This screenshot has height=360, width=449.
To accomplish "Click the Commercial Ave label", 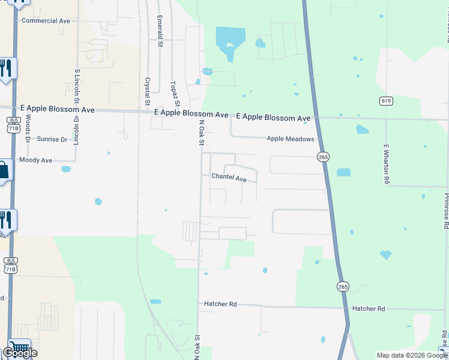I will [46, 21].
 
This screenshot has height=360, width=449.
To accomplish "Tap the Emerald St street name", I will [160, 31].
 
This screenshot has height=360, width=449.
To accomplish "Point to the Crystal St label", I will [147, 89].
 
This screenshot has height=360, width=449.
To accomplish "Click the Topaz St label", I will [174, 94].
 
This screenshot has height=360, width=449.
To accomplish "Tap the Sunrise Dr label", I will [52, 139].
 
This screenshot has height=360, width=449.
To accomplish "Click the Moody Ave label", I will [36, 160].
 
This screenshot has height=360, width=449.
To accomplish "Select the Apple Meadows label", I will [291, 139].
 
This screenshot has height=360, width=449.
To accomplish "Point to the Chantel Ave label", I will [229, 178].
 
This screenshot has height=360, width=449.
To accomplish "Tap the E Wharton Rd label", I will [387, 163].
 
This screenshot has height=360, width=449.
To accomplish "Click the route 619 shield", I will [386, 100].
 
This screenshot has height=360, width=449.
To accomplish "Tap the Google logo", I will [20, 353].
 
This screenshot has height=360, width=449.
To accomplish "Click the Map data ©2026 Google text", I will [412, 355].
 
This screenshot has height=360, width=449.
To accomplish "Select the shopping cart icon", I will [20, 347].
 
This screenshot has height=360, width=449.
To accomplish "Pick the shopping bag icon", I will [3, 171].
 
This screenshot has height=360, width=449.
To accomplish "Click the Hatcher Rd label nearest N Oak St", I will [220, 304].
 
